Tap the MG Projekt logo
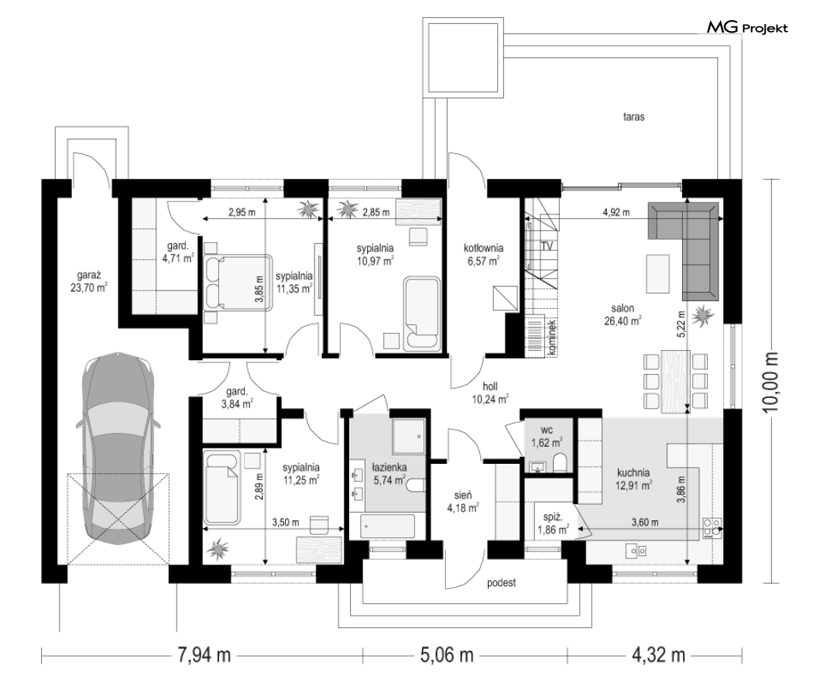(x=747, y=27)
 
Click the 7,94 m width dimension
(x=204, y=655)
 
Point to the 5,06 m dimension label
(x=447, y=655)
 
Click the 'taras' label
(x=633, y=117)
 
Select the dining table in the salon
(x=676, y=381)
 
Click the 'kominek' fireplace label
(x=551, y=337)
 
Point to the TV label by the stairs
(x=547, y=246)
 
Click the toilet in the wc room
(x=560, y=463)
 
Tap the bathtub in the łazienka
(x=389, y=527)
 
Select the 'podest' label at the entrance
(x=502, y=583)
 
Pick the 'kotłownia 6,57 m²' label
(x=483, y=255)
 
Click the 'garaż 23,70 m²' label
(x=89, y=281)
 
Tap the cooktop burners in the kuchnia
(x=712, y=527)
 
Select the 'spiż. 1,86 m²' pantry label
(x=553, y=523)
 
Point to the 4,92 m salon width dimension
(x=616, y=212)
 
